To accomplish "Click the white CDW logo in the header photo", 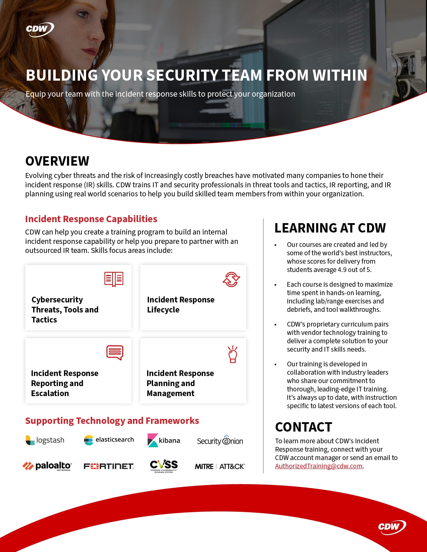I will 40,29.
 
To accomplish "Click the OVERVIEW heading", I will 57,161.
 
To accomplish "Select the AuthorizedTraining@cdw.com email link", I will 318,466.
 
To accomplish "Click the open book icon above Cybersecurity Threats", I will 114,279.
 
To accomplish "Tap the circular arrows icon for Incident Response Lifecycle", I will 231,279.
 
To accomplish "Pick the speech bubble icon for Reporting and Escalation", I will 115,353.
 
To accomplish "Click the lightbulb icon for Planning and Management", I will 232,354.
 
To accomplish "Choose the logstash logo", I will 45,440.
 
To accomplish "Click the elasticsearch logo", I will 109,440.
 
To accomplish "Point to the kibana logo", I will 164,441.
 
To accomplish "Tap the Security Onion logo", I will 220,441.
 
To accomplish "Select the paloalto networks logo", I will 47,466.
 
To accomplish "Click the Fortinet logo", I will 109,466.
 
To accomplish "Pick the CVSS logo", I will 164,466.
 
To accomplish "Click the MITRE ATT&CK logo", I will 220,466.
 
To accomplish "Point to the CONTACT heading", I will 303,427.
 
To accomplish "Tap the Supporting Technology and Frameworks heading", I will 112,421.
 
